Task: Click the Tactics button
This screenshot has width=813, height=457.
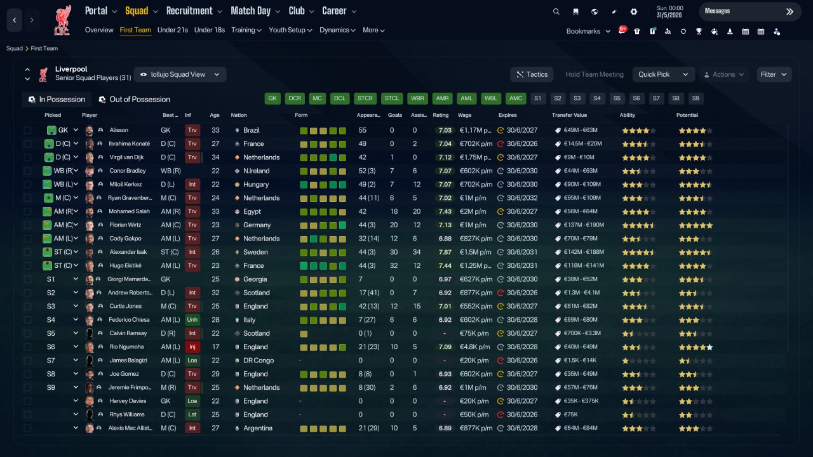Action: [x=532, y=74]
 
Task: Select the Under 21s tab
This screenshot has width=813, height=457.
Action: [x=172, y=30]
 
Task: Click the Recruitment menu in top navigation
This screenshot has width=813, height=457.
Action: [x=194, y=11]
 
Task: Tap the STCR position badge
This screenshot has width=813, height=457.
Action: [x=365, y=98]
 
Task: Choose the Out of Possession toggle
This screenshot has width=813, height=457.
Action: [x=134, y=100]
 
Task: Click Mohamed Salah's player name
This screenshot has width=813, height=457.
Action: [x=129, y=211]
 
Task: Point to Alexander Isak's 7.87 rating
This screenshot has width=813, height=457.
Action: [x=445, y=252]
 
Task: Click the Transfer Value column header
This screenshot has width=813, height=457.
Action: [x=569, y=115]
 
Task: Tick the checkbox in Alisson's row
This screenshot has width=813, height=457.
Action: [x=27, y=130]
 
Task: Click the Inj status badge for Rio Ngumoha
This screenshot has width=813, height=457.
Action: [x=192, y=347]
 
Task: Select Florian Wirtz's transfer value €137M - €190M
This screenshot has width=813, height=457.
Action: [x=584, y=225]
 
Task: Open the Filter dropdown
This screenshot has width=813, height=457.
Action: [x=774, y=74]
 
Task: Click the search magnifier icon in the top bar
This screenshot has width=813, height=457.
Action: [x=556, y=11]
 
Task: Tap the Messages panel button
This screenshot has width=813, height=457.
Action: [x=750, y=11]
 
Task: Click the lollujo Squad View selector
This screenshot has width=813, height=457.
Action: [x=180, y=74]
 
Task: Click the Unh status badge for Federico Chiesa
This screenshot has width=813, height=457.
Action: [x=192, y=319]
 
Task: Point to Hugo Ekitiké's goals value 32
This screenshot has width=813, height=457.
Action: [x=394, y=265]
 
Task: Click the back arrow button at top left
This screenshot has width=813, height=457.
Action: [x=15, y=20]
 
